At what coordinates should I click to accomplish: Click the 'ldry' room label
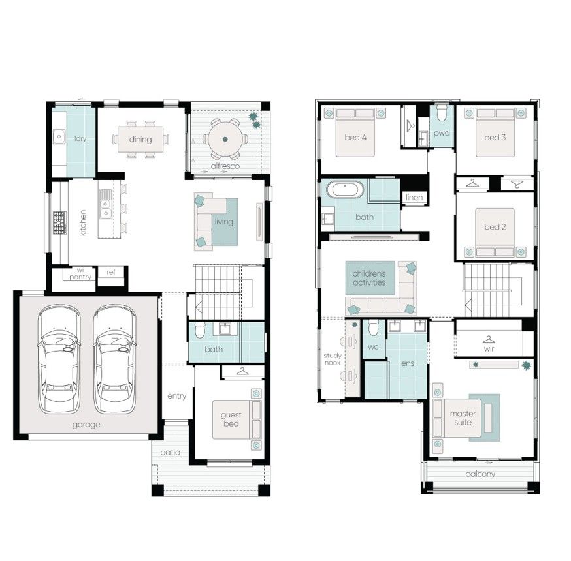[x=80, y=138]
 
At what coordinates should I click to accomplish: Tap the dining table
[x=140, y=139]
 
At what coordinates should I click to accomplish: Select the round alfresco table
[x=225, y=139]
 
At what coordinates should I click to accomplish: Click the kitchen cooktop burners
[x=59, y=222]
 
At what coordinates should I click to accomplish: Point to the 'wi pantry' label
[x=80, y=274]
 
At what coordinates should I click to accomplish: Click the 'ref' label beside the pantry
[x=111, y=272]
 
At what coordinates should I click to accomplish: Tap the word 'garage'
[x=86, y=425]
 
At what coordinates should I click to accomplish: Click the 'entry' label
[x=177, y=395]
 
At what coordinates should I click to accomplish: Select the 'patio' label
[x=170, y=453]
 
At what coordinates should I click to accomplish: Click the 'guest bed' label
[x=231, y=419]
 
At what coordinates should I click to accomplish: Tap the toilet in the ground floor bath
[x=200, y=330]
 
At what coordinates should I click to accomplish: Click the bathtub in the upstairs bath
[x=345, y=189]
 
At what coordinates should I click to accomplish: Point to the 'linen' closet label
[x=414, y=198]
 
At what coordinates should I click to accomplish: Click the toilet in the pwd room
[x=442, y=113]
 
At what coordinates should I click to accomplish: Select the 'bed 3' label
[x=495, y=138]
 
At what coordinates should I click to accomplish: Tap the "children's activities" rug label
[x=369, y=278]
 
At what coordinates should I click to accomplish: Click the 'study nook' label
[x=333, y=359]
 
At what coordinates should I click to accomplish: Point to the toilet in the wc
[x=373, y=327]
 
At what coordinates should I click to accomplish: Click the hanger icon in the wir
[x=489, y=340]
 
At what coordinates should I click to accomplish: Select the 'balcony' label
[x=480, y=474]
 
